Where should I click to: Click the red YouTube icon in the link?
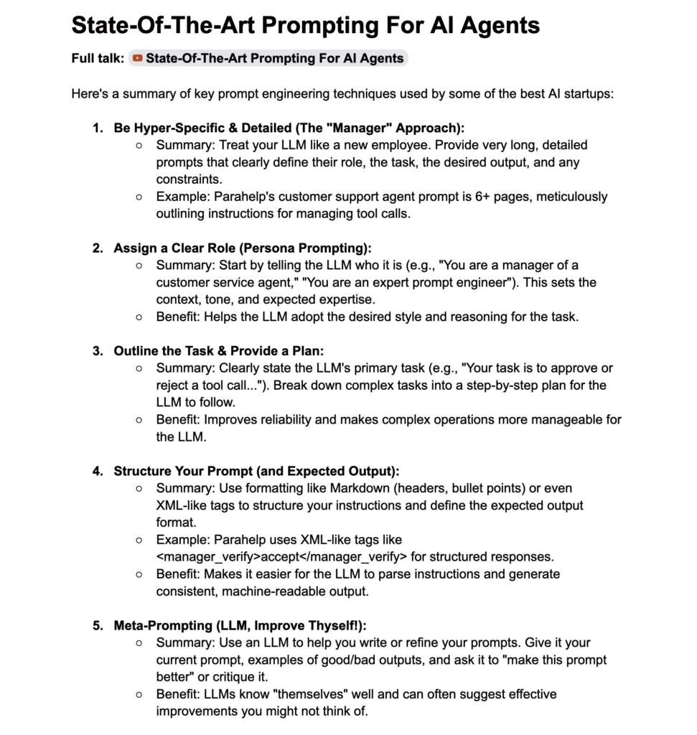click(138, 58)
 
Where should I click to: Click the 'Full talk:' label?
click(98, 58)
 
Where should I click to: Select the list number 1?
click(97, 128)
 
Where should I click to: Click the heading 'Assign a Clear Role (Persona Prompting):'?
click(243, 248)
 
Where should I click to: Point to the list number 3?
click(97, 351)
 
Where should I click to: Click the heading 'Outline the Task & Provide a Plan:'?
click(219, 351)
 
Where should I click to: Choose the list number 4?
click(97, 471)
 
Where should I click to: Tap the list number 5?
click(97, 625)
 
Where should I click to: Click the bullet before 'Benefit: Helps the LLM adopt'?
click(139, 317)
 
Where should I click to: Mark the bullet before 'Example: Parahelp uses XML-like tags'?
click(139, 539)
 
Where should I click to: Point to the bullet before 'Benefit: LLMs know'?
click(139, 694)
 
